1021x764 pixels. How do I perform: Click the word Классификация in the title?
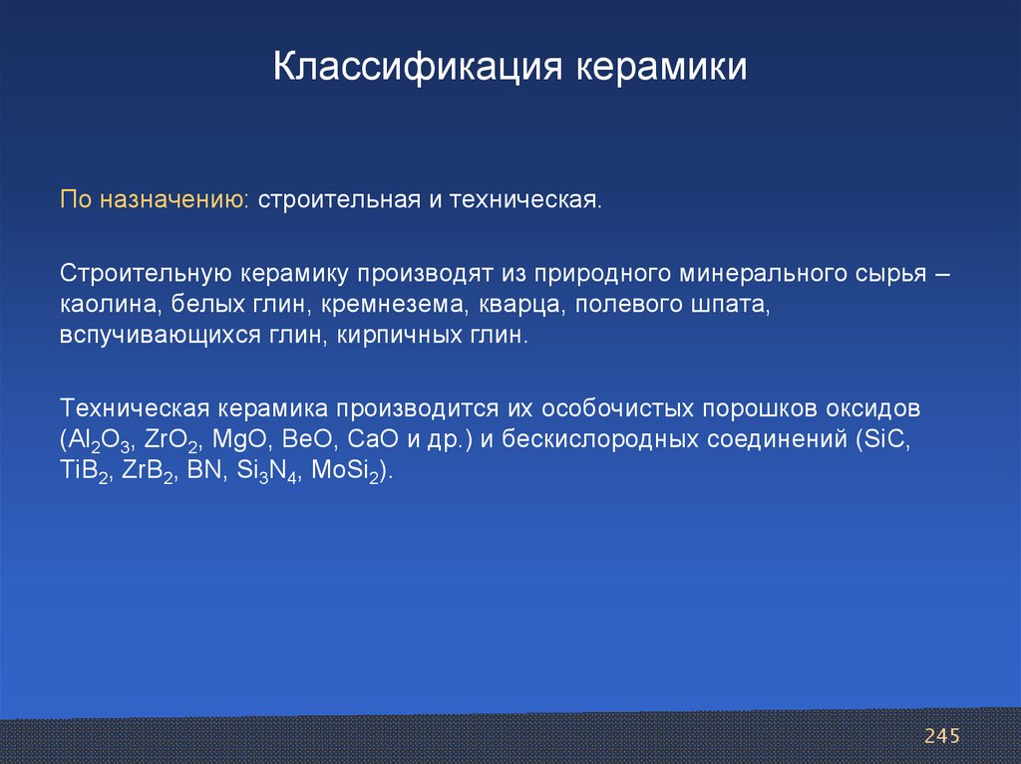(417, 67)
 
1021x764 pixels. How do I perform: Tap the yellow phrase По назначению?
(155, 200)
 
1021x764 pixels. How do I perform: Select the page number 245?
(941, 736)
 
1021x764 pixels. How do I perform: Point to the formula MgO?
(239, 438)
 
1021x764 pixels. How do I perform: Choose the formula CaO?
(373, 438)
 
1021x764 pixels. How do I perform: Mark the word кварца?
(519, 305)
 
